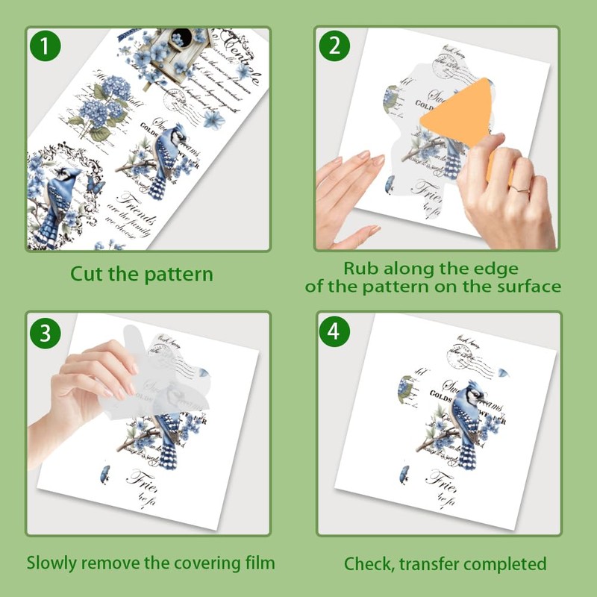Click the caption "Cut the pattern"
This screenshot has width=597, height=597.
[x=142, y=274]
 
